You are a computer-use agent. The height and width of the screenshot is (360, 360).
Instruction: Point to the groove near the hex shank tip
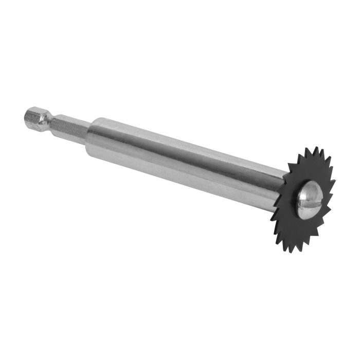point(47,122)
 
